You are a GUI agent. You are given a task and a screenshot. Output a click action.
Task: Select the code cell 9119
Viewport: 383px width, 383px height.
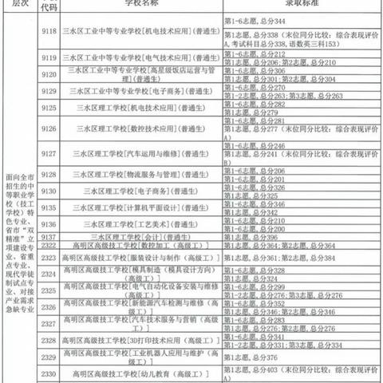(x=49, y=58)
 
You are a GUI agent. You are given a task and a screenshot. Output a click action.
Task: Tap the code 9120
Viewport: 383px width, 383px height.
(x=49, y=74)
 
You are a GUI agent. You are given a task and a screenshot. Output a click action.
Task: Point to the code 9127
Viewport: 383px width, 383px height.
(x=49, y=153)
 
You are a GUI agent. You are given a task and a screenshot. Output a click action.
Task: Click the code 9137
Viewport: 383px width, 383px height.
(x=49, y=237)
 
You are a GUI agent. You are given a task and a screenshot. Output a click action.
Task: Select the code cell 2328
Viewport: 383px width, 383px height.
(x=49, y=338)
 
